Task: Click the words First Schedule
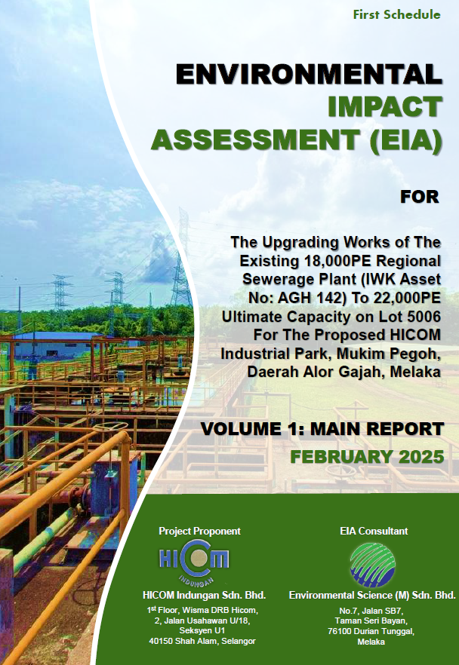pyautogui.click(x=396, y=15)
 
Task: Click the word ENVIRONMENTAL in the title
pyautogui.click(x=309, y=74)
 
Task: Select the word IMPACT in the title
pyautogui.click(x=385, y=107)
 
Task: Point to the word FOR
pyautogui.click(x=420, y=197)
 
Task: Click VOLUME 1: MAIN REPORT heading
pyautogui.click(x=322, y=429)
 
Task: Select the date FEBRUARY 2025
pyautogui.click(x=367, y=457)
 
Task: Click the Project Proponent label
pyautogui.click(x=199, y=531)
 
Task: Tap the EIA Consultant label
pyautogui.click(x=374, y=531)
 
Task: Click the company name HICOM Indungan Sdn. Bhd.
pyautogui.click(x=205, y=596)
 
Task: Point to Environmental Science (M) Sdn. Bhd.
pyautogui.click(x=372, y=596)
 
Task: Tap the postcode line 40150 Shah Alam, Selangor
pyautogui.click(x=202, y=641)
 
